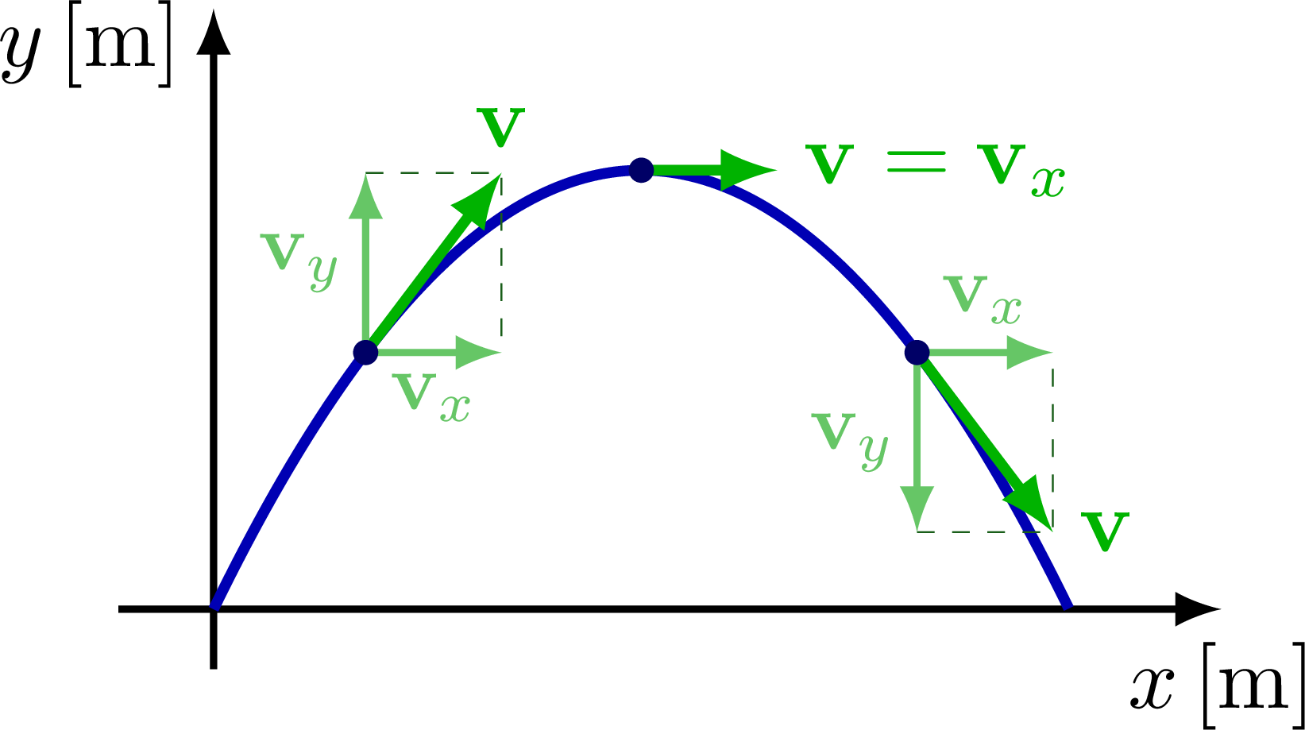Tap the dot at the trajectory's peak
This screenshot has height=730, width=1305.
click(x=641, y=170)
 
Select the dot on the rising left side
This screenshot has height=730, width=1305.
click(x=365, y=352)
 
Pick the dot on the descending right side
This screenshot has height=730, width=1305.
click(x=917, y=352)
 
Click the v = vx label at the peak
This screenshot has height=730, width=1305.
click(x=934, y=168)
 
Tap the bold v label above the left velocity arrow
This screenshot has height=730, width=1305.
click(x=501, y=128)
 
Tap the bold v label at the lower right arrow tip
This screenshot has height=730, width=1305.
click(x=1105, y=531)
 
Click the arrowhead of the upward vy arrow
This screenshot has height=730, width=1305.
click(x=365, y=195)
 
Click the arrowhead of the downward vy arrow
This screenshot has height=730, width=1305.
click(x=917, y=508)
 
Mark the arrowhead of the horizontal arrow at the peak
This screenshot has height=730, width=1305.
click(x=747, y=170)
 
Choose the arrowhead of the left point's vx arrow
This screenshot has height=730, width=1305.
click(x=478, y=352)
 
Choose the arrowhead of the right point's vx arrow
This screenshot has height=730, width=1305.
click(x=1030, y=352)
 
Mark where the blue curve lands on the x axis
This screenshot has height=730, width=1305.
click(x=1067, y=606)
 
